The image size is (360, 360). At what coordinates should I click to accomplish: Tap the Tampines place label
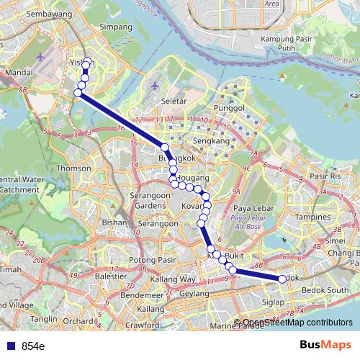[x=312, y=216]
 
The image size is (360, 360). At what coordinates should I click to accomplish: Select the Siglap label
[x=273, y=302]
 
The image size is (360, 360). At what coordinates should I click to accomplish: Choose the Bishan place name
[x=114, y=223]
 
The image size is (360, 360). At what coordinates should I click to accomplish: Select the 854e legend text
[x=33, y=346]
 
